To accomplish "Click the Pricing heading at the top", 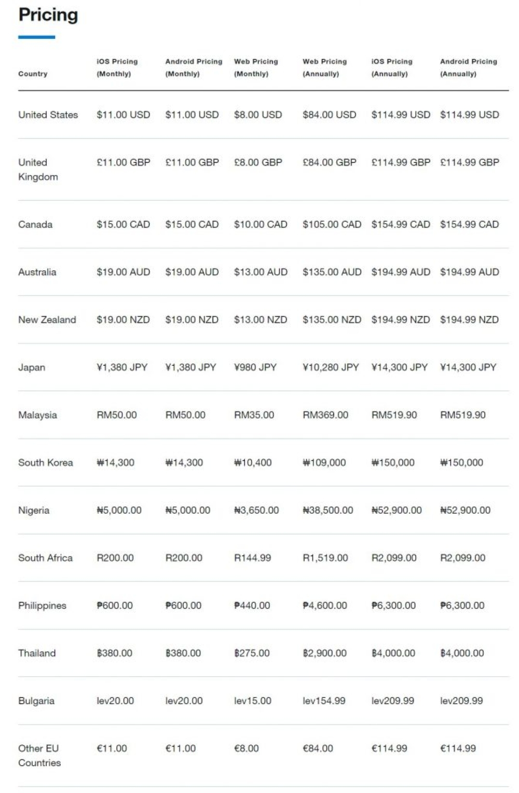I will coord(48,15).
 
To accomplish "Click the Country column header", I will coord(33,74).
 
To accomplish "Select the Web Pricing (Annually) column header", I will coord(324,67).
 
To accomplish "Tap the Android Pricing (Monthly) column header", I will coord(194,67).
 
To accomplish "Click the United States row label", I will coord(48,115).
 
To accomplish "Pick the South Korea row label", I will coord(45,462).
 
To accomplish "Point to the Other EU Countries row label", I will coord(39,755).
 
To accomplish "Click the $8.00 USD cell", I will coord(258,115).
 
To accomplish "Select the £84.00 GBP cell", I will coord(330,162).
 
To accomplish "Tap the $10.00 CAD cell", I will coord(261,224).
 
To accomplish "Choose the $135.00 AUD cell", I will coord(332,272).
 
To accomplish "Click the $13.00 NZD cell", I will coord(261,320).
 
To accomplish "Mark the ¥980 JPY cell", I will coord(255,367).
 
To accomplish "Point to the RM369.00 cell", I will coord(325,415).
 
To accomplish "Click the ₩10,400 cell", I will coord(253,462).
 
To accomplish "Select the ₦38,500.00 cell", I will coord(328,510).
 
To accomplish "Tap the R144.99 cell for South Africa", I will coord(252,558).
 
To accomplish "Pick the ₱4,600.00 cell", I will coord(325,606).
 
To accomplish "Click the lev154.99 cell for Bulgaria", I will coord(324,701).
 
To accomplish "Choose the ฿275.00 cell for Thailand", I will coord(252,653).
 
